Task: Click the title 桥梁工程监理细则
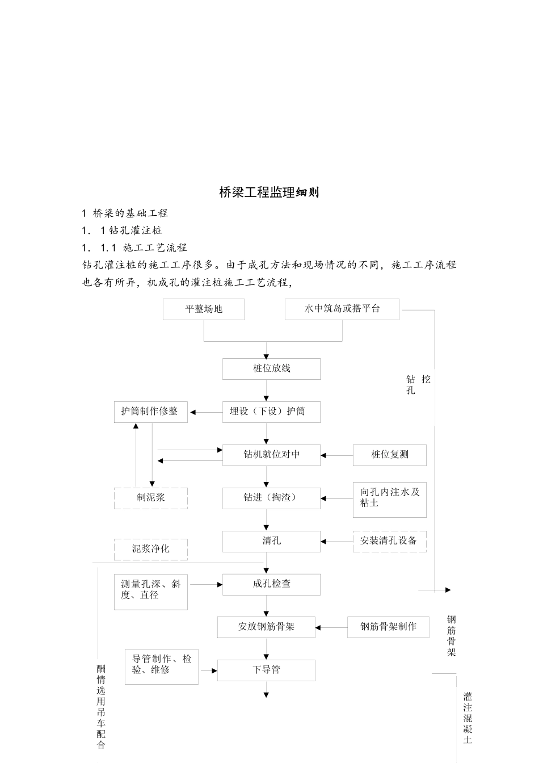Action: coord(269,192)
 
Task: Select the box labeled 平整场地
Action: coord(204,309)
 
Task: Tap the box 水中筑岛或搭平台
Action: coord(342,309)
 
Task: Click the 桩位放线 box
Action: coord(271,368)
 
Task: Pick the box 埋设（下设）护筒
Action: coord(271,412)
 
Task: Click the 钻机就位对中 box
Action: coord(271,455)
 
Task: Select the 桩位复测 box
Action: coord(389,455)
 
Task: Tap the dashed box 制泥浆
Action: coord(150,498)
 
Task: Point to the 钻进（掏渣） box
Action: coord(271,498)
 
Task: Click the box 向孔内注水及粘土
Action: coord(389,498)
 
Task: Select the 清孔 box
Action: coord(271,541)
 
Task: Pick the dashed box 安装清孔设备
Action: coord(389,541)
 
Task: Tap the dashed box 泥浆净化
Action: coord(150,549)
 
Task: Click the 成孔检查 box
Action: coord(271,584)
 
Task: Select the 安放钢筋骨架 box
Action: coord(266,627)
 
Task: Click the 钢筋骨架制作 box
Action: coord(388,627)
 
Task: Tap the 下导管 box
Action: coord(266,670)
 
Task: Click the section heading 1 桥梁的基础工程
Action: coord(125,213)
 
